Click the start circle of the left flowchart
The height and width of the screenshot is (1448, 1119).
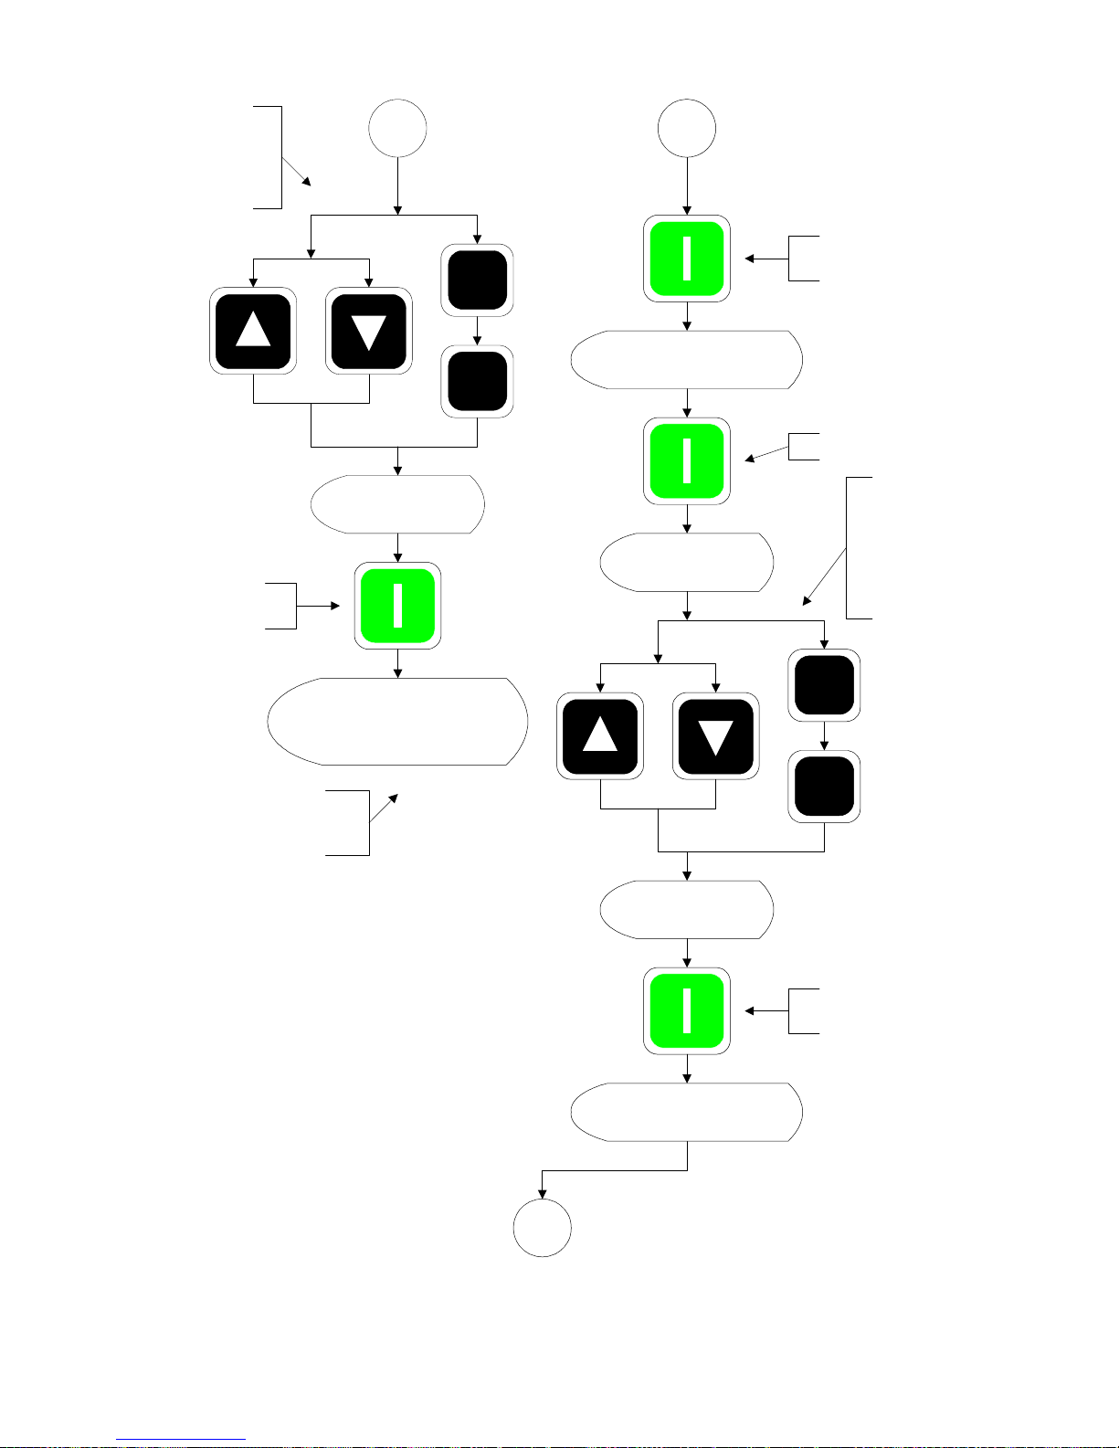point(397,129)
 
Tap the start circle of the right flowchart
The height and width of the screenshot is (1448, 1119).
point(687,129)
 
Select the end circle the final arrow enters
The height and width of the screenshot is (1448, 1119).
point(543,1228)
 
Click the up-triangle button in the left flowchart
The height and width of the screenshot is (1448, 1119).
point(253,331)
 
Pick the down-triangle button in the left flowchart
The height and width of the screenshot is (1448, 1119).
point(369,331)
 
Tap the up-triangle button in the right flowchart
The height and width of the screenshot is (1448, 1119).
point(600,735)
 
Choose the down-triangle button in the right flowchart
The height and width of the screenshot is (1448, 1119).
point(715,735)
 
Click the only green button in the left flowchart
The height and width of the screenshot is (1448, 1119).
point(397,606)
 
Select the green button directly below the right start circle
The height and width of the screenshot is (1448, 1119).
point(687,259)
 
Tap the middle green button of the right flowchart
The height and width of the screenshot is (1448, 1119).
point(687,461)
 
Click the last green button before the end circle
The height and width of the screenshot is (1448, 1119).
point(687,1011)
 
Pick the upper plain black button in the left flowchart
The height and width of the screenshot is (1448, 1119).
point(477,280)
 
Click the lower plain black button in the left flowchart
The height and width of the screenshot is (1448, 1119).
point(477,381)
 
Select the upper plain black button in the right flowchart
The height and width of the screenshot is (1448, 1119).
point(824,685)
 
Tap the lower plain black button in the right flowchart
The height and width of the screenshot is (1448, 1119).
point(824,787)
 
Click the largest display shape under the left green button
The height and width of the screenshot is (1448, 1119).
point(397,722)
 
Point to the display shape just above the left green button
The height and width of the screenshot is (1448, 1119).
point(397,504)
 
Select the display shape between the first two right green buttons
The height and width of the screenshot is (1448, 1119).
point(687,360)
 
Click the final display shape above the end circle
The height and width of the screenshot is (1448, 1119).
point(687,1112)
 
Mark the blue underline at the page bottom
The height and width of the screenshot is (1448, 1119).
point(181,1440)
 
